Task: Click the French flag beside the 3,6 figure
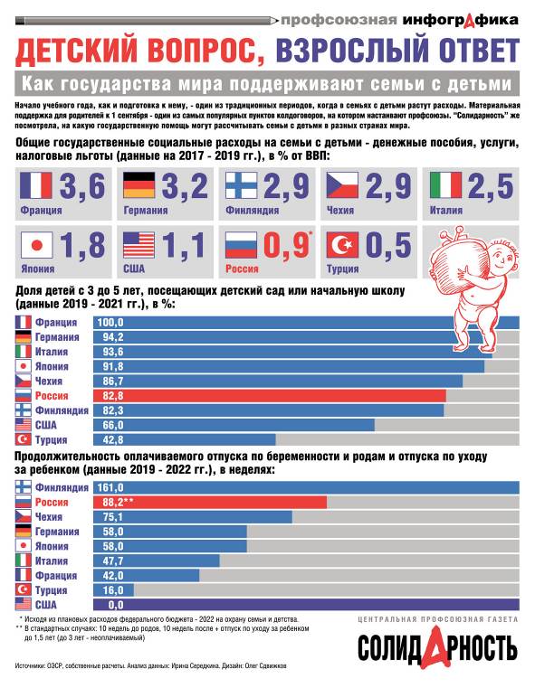point(35,186)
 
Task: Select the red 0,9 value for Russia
point(286,246)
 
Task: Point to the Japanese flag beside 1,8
point(35,246)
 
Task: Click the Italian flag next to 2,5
point(448,186)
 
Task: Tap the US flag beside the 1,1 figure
point(139,246)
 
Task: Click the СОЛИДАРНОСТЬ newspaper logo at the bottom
point(437,647)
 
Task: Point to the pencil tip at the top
point(272,18)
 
